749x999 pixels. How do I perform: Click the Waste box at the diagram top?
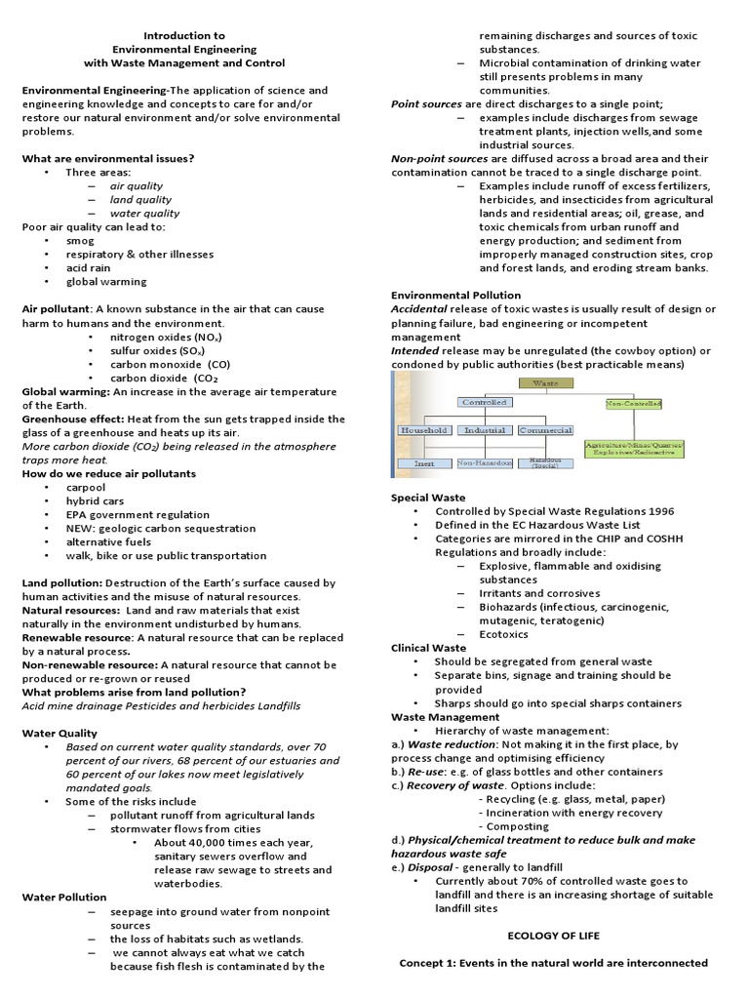[x=545, y=383]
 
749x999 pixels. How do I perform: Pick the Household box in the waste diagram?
[x=423, y=429]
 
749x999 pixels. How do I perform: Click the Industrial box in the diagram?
[x=485, y=429]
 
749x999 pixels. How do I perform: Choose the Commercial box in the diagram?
[x=545, y=429]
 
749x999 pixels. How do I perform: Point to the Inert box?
[x=424, y=463]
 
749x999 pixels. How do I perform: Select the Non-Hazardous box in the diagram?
[x=485, y=463]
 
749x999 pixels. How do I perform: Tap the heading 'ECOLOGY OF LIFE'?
[x=553, y=936]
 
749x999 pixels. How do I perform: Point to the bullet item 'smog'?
[x=80, y=241]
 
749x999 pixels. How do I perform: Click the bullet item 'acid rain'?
[x=89, y=268]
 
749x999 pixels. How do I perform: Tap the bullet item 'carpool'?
[x=86, y=487]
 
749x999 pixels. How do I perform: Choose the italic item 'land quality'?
[x=140, y=200]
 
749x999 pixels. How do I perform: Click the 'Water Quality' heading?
[x=59, y=733]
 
